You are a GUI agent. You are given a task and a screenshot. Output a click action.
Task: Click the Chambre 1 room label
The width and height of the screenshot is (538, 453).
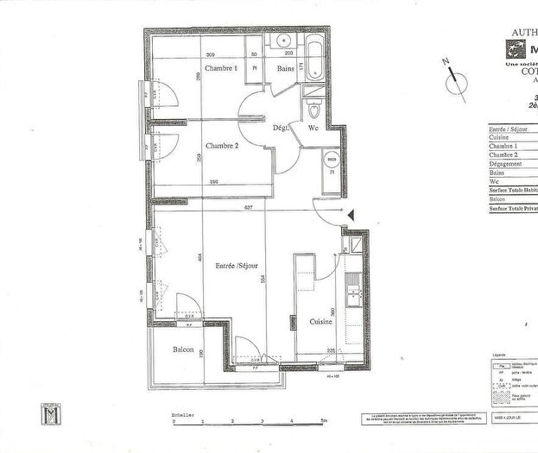pyautogui.click(x=221, y=68)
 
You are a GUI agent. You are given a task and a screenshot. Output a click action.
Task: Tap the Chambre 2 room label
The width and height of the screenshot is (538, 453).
pyautogui.click(x=222, y=145)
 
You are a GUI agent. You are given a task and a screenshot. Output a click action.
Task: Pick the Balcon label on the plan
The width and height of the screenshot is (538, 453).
pyautogui.click(x=182, y=349)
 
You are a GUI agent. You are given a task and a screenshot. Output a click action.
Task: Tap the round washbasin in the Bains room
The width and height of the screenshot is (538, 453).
pyautogui.click(x=282, y=41)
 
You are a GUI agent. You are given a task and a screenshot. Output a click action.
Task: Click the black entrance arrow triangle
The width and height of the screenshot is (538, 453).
pyautogui.click(x=351, y=216)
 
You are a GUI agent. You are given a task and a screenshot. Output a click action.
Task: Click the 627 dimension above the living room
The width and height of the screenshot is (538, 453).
pyautogui.click(x=249, y=207)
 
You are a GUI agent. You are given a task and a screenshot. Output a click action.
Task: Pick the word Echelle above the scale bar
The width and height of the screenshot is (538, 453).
pyautogui.click(x=183, y=414)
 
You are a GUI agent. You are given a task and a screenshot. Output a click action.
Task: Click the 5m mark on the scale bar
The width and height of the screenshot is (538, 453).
pyautogui.click(x=323, y=422)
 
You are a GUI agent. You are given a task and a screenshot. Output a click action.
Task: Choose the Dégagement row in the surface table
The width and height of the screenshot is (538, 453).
pyautogui.click(x=505, y=163)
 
